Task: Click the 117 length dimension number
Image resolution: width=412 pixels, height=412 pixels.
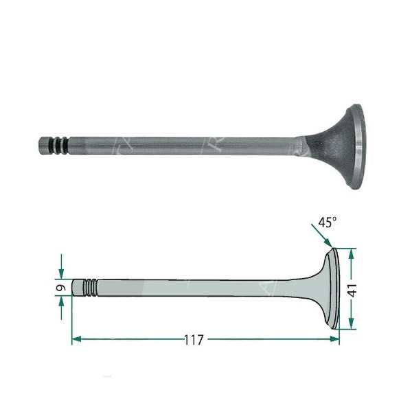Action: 196,340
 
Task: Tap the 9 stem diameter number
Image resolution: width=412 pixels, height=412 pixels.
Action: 61,287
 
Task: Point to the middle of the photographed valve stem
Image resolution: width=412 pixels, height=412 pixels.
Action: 179,146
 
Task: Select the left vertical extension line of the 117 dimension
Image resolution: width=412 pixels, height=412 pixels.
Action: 71,319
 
